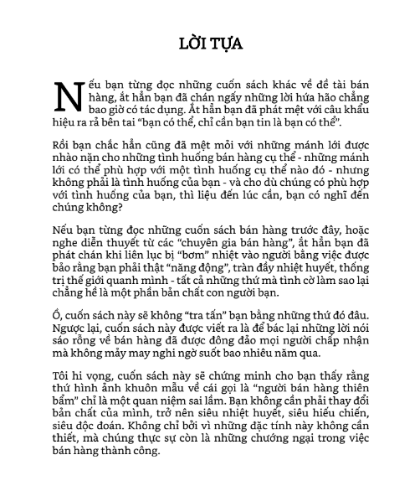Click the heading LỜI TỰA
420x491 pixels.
pyautogui.click(x=209, y=42)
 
